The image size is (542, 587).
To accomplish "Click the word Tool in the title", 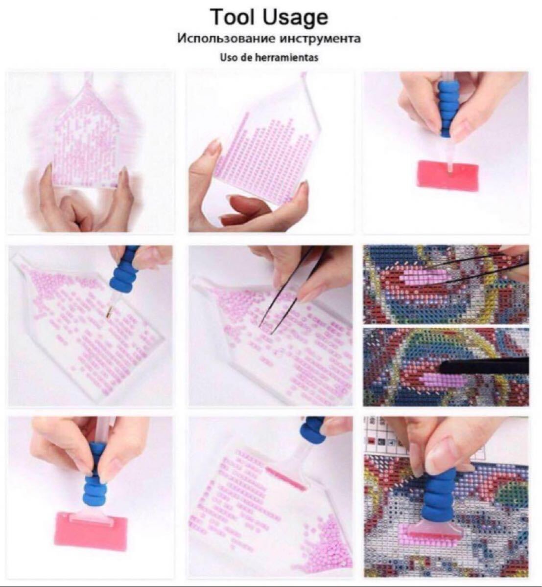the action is point(232,17).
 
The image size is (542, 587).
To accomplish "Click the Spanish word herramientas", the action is point(286,58).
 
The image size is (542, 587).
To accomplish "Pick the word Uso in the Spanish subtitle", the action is point(228,58).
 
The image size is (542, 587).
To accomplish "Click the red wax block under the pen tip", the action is point(448,175).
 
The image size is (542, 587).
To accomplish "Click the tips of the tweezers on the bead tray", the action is point(266,330).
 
